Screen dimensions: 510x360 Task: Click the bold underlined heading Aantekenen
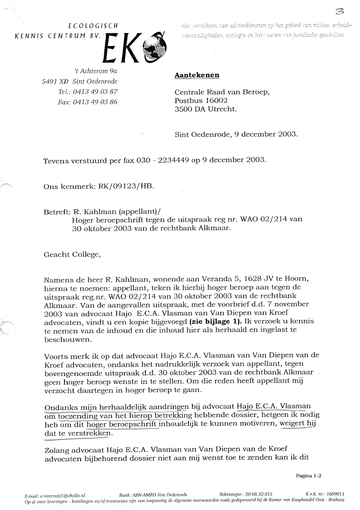(x=197, y=75)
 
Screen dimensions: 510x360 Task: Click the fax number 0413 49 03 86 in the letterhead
(x=95, y=102)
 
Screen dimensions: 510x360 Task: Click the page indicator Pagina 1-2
(x=309, y=476)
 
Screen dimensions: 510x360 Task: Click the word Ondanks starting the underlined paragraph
(x=58, y=407)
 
